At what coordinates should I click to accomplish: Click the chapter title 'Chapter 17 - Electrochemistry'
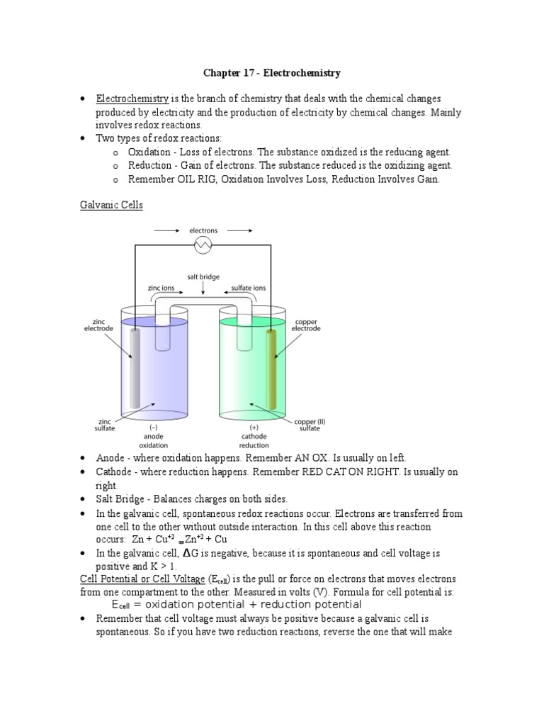pyautogui.click(x=272, y=72)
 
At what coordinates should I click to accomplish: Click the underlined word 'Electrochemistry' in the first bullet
pyautogui.click(x=132, y=99)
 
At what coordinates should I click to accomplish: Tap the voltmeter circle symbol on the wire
pyautogui.click(x=203, y=245)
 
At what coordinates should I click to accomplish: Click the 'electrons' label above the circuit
pyautogui.click(x=203, y=230)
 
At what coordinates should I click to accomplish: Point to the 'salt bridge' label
pyautogui.click(x=203, y=279)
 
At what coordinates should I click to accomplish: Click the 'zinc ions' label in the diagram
pyautogui.click(x=161, y=289)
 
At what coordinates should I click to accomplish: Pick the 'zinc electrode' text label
pyautogui.click(x=98, y=325)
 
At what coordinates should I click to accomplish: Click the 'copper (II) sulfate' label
pyautogui.click(x=310, y=425)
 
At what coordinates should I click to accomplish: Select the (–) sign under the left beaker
pyautogui.click(x=153, y=428)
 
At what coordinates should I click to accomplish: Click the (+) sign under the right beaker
pyautogui.click(x=253, y=428)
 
